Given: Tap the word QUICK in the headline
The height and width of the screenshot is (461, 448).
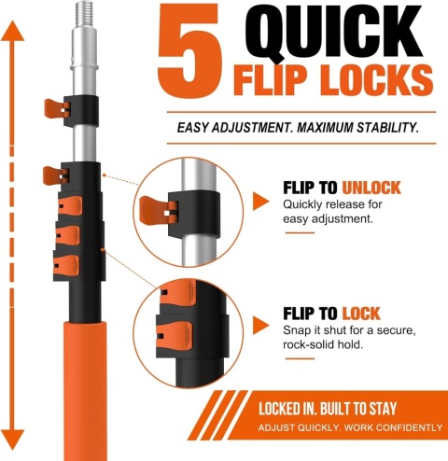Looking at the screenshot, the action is [333, 32].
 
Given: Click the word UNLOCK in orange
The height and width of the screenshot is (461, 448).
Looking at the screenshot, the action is [371, 188].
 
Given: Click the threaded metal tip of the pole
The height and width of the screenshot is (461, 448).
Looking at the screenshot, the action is [84, 15].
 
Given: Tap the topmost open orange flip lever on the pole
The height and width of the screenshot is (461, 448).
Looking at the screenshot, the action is [57, 109].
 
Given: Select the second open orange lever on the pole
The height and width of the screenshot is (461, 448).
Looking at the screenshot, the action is [56, 175].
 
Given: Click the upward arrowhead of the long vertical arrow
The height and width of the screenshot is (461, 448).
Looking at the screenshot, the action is [12, 31].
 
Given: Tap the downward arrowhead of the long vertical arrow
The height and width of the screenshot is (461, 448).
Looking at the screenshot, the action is [12, 440].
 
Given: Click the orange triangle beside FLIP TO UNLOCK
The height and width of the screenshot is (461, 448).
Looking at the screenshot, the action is [260, 201].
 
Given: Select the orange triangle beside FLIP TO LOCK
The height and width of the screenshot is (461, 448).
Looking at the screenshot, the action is [260, 326].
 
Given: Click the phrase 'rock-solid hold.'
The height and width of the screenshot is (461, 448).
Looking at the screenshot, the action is [323, 344].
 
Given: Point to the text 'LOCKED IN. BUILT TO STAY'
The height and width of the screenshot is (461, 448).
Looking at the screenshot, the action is [328, 409].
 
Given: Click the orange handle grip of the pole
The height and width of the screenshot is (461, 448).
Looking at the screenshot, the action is [85, 391].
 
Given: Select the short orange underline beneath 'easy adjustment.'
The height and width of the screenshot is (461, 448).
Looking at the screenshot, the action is [300, 232].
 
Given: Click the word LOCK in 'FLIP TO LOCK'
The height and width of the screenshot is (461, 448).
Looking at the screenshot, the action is [361, 314].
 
